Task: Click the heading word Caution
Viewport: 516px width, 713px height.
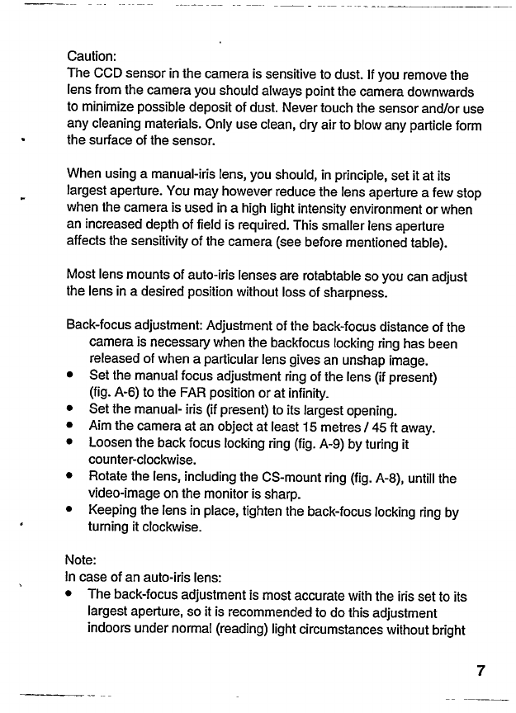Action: pyautogui.click(x=89, y=57)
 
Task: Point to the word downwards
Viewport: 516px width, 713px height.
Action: pyautogui.click(x=440, y=91)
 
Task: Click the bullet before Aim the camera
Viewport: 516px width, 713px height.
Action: pyautogui.click(x=72, y=427)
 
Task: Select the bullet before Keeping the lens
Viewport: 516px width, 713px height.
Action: pyautogui.click(x=72, y=512)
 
